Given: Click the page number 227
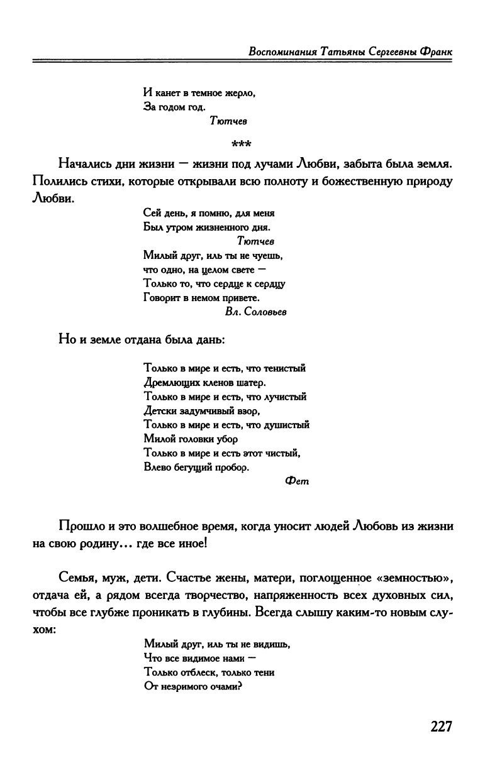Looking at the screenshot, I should point(442,727).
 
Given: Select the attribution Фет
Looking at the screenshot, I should point(294,481).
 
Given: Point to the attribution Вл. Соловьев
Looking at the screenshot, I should point(255,312).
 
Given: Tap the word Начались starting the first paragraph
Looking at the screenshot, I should point(85,166).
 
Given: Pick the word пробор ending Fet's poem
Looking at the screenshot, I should point(232,467).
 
